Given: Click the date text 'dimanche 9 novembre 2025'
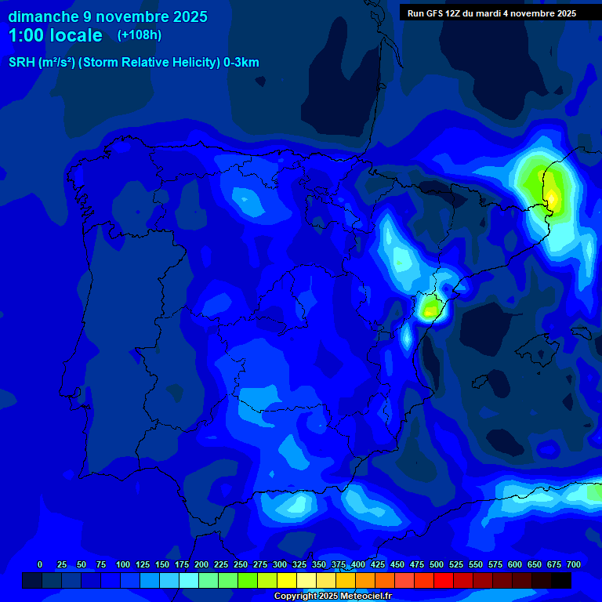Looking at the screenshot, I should (x=107, y=16).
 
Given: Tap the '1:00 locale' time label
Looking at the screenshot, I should (x=56, y=35).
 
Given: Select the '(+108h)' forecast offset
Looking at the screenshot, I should (x=140, y=35).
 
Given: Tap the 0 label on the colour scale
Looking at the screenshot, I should (x=40, y=564).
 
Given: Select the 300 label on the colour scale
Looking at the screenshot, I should (x=280, y=564).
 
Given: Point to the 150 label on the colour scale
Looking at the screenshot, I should (x=162, y=564).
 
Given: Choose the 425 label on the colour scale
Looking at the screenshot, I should (x=378, y=564).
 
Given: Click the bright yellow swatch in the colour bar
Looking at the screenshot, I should (x=287, y=581).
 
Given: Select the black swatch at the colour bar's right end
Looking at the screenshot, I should (x=561, y=581).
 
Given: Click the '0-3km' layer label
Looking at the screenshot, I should (x=241, y=63).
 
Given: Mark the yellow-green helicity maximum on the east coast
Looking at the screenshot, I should (x=428, y=310).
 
